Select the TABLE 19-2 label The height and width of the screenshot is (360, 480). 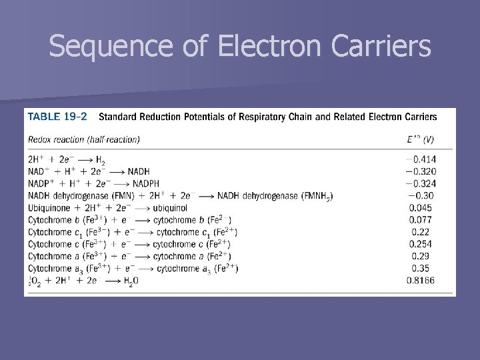(x=57, y=117)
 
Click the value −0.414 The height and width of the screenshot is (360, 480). (x=421, y=159)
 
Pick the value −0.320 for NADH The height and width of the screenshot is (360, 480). (x=421, y=171)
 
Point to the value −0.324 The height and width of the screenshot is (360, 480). (x=421, y=183)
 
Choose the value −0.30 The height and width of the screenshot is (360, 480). (x=421, y=195)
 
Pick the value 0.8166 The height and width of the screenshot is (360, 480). (x=421, y=281)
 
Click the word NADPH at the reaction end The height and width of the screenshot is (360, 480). (x=150, y=183)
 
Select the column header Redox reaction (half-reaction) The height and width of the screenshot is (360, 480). (x=84, y=139)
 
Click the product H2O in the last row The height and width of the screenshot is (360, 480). (x=131, y=281)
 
